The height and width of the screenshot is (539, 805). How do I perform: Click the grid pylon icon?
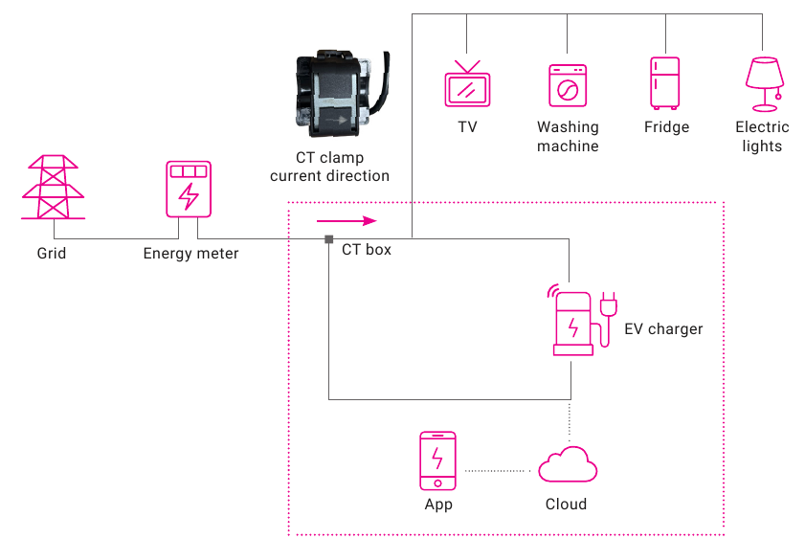tap(53, 188)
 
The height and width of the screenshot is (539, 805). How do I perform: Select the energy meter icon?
tap(189, 189)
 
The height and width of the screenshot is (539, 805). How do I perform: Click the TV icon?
tap(467, 83)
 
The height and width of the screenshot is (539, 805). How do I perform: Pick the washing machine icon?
tap(568, 86)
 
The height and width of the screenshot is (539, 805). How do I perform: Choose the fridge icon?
tap(665, 83)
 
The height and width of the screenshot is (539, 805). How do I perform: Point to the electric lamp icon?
tap(765, 84)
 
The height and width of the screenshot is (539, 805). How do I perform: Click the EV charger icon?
tap(582, 320)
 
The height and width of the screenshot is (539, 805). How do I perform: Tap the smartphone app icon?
tap(437, 460)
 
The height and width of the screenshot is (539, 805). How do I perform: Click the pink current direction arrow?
tap(347, 221)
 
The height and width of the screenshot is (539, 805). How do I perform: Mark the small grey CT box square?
tap(329, 239)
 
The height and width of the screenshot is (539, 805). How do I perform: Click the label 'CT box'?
tap(366, 250)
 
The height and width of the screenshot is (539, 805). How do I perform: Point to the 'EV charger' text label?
tap(663, 329)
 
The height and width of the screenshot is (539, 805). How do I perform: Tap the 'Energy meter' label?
tap(190, 254)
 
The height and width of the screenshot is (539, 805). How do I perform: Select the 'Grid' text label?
tap(52, 253)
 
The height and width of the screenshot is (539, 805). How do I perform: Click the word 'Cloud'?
tap(566, 505)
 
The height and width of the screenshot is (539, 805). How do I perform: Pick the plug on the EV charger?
tap(609, 303)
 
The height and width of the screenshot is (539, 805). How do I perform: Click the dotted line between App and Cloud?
tap(497, 471)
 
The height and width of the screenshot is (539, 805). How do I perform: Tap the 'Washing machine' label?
tap(568, 137)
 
